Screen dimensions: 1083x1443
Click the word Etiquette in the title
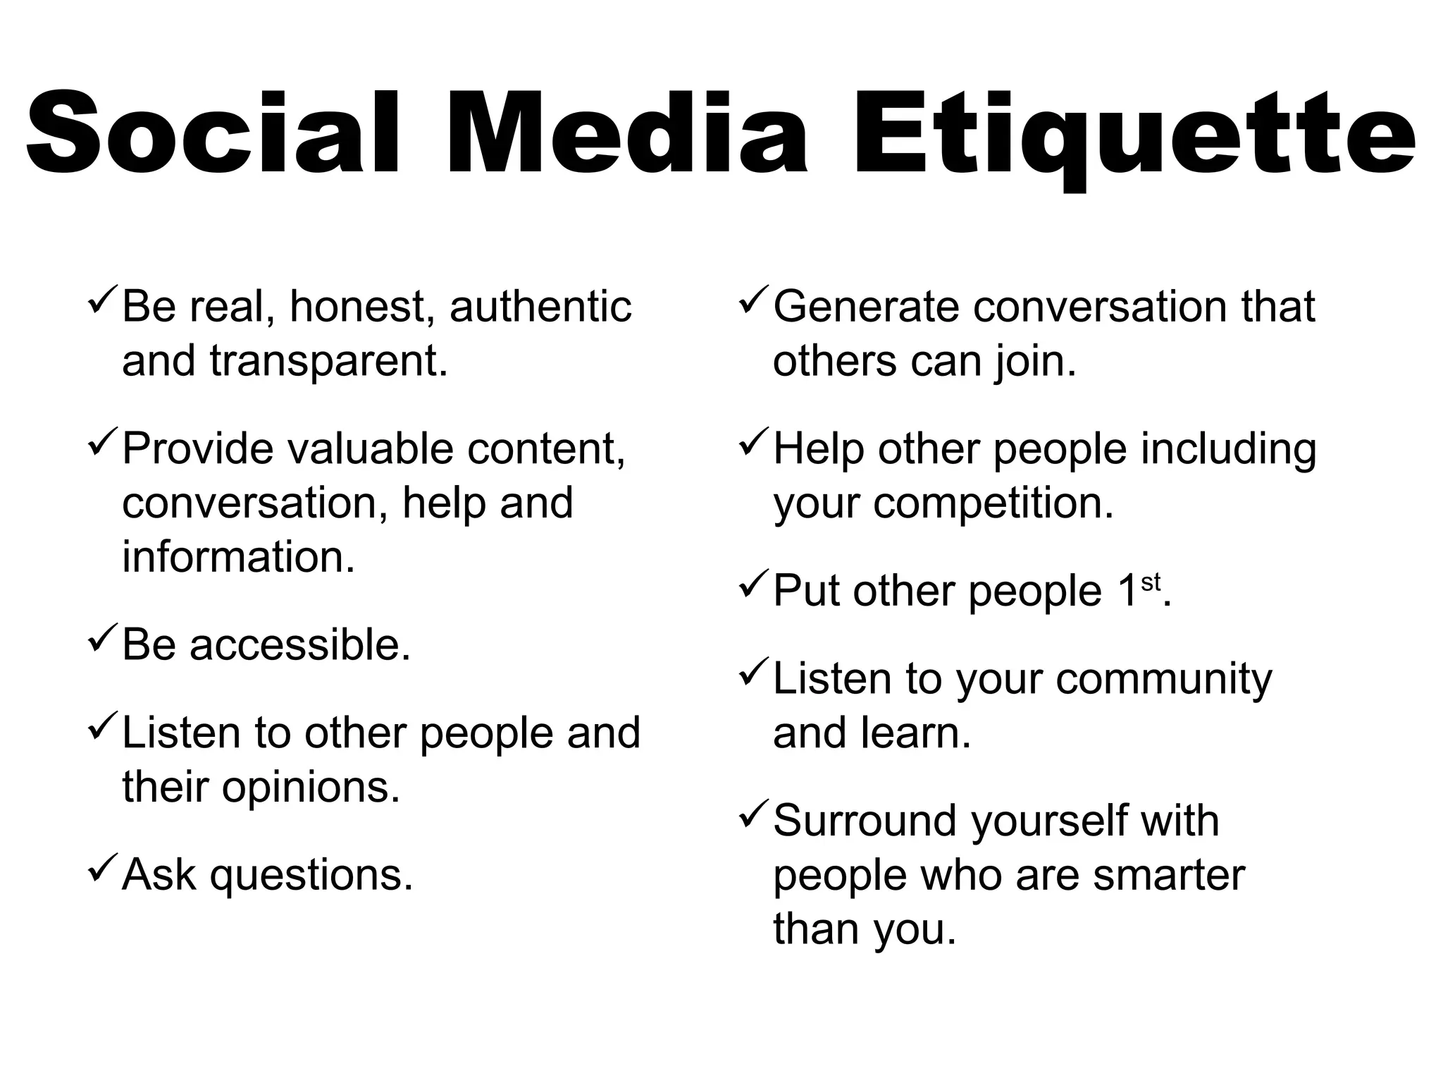click(1134, 134)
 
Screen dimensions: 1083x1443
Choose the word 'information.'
click(238, 557)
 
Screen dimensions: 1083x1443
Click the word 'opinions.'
click(311, 788)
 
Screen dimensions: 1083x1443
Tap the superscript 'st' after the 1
click(1150, 583)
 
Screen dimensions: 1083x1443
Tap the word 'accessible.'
click(299, 645)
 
